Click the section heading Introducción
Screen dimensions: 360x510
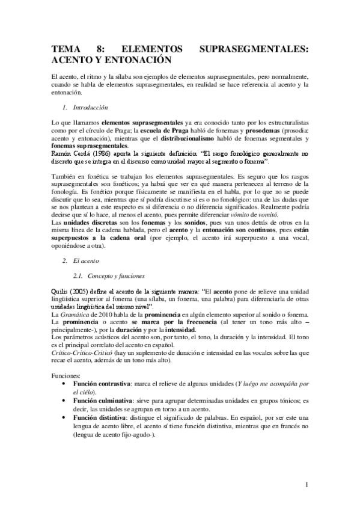pyautogui.click(x=90, y=107)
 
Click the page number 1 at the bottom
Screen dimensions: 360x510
pyautogui.click(x=306, y=485)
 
